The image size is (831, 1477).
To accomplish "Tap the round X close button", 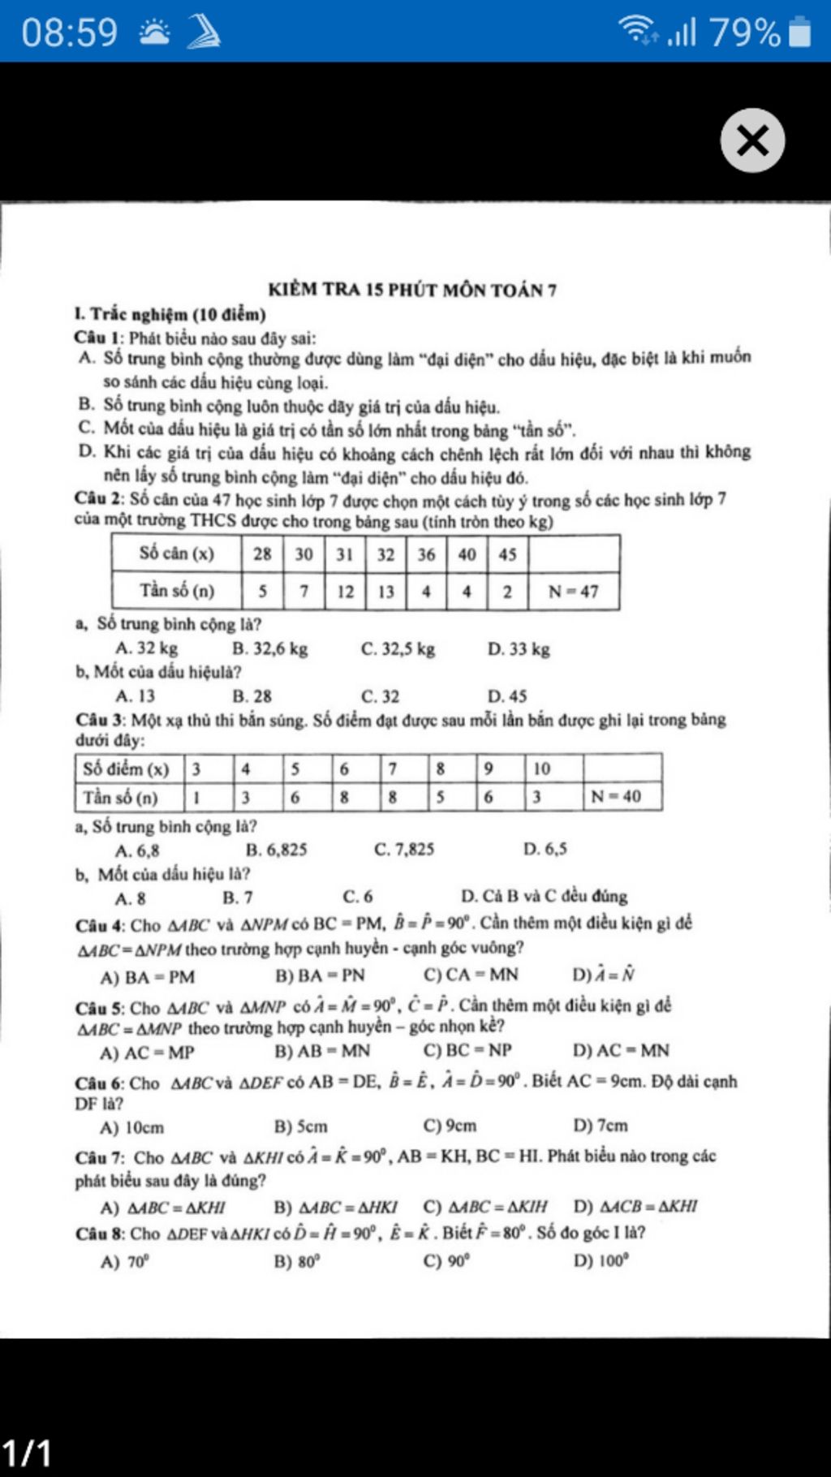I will [752, 140].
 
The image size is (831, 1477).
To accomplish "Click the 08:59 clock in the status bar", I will [70, 32].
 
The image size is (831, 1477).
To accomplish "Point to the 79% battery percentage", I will [745, 32].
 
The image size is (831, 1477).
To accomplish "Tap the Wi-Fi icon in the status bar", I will [638, 31].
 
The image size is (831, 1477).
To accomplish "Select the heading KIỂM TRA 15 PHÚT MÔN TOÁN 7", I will [412, 290].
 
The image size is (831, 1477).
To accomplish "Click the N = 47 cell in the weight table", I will [573, 592].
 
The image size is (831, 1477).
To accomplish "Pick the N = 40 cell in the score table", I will [615, 796].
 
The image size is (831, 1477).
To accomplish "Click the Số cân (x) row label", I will [177, 553].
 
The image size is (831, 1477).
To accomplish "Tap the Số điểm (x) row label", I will [126, 769].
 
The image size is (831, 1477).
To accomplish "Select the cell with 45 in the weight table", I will [507, 554].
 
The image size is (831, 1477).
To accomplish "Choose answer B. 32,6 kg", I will [270, 648].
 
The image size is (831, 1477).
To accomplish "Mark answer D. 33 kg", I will [519, 648].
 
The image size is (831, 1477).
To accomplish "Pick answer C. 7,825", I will [404, 850].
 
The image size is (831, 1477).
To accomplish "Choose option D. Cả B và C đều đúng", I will [544, 896].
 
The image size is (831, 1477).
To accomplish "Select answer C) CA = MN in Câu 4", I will [471, 975].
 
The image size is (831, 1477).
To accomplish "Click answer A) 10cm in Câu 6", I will [132, 1127].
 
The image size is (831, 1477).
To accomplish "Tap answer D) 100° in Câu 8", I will [601, 1260].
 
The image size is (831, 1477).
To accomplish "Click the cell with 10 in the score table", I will [542, 769].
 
